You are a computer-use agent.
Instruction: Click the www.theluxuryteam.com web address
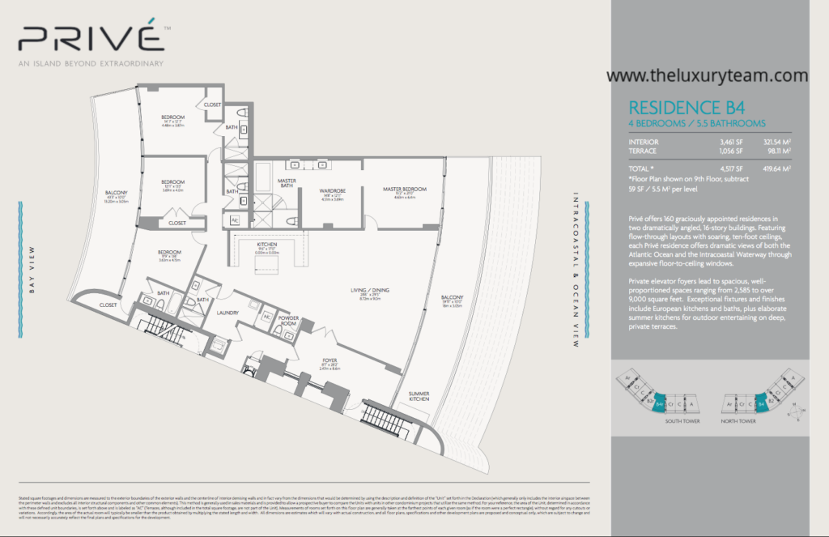click(707, 75)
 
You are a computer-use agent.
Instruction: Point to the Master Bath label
click(287, 184)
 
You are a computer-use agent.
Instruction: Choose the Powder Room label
click(289, 320)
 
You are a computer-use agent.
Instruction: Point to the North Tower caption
click(739, 422)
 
